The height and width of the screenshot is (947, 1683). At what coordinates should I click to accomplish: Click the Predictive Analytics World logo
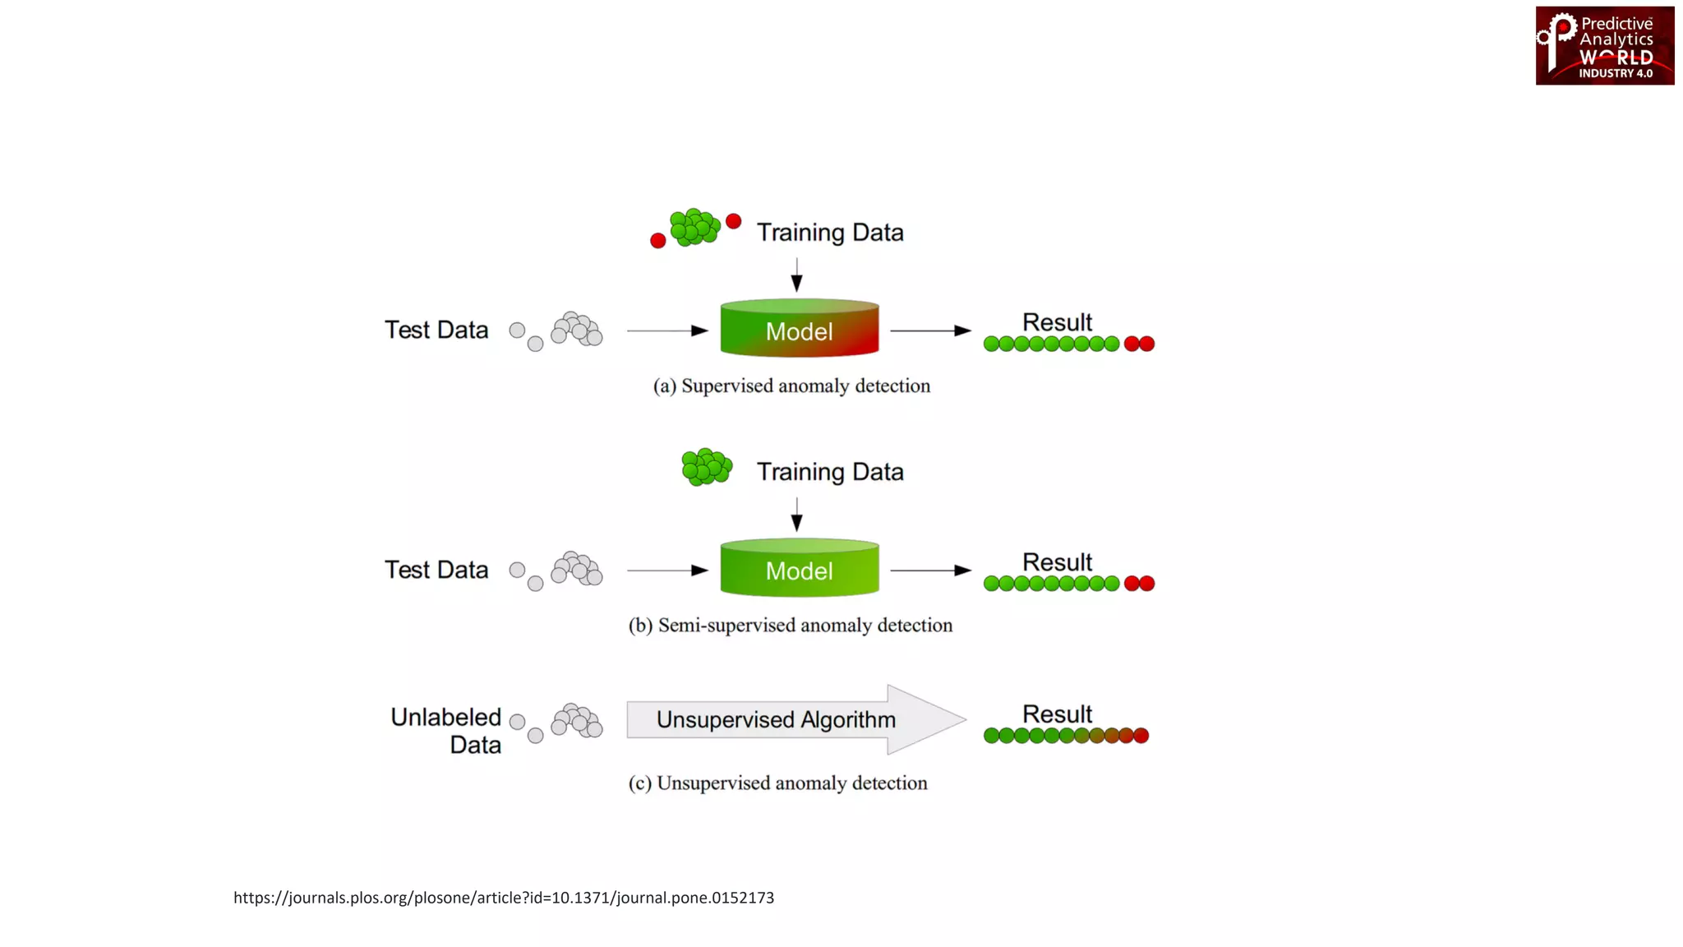(1604, 46)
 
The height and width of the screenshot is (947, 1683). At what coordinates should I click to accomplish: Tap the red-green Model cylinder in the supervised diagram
(799, 329)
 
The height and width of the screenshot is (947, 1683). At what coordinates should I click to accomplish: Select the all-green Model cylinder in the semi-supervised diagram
(799, 569)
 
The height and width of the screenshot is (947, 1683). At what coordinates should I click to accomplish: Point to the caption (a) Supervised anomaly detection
(791, 386)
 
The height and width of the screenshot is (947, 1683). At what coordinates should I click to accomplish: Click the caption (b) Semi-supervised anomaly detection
(791, 626)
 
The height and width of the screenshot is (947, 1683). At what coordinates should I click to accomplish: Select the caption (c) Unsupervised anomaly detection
(777, 783)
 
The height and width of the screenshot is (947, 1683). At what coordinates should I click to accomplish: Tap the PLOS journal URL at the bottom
(503, 898)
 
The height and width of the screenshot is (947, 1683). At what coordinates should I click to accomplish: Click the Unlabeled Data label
(446, 731)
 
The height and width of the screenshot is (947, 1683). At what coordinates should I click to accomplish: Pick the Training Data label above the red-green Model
(829, 233)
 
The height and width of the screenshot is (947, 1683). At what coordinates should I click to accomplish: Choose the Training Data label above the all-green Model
(829, 472)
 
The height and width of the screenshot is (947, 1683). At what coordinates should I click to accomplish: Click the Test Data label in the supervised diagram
(436, 330)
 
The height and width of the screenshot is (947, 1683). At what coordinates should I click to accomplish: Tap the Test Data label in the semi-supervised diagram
(436, 570)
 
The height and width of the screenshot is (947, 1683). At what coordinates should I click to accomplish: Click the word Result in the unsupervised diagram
(1057, 714)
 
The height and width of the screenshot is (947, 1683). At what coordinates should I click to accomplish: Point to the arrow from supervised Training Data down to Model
(796, 275)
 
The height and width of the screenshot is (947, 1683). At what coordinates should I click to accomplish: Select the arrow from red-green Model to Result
(930, 330)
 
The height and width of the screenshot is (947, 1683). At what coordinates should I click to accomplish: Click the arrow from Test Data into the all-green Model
(666, 570)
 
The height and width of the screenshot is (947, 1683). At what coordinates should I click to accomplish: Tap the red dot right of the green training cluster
(734, 221)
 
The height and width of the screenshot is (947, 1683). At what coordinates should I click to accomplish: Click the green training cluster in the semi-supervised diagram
(706, 467)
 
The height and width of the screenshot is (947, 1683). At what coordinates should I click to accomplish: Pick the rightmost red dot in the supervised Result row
(1146, 344)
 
